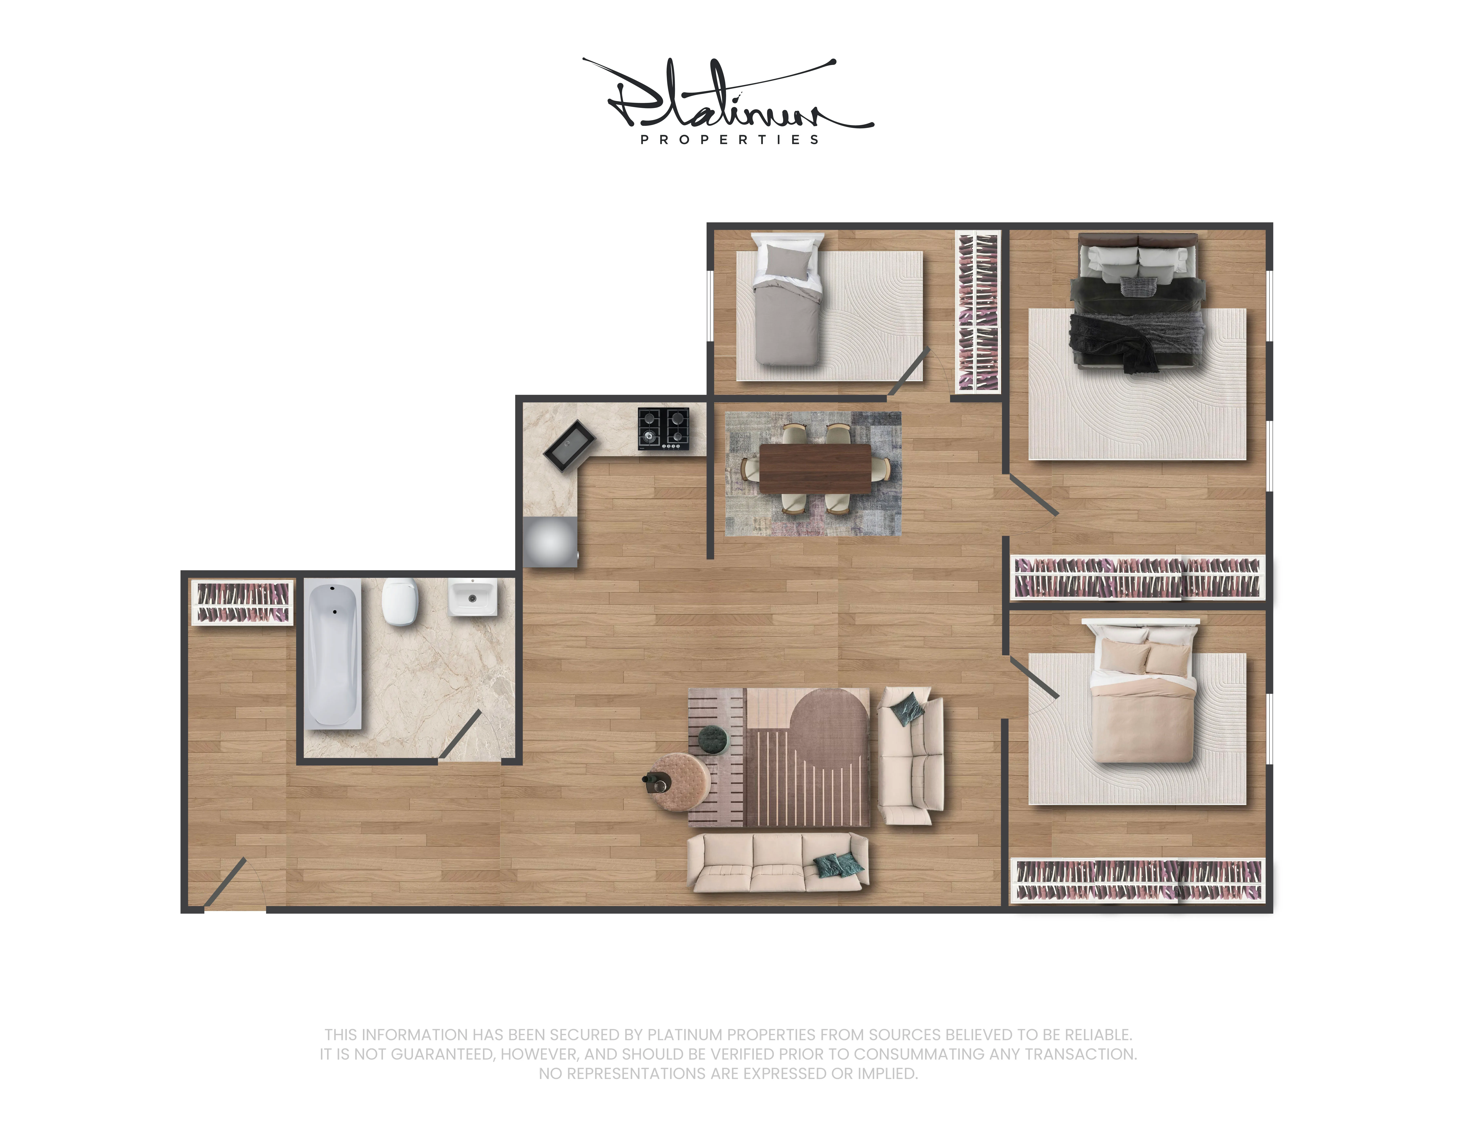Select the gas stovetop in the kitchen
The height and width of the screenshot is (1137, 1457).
pos(663,428)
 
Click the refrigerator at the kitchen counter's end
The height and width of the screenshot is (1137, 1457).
pos(550,542)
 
